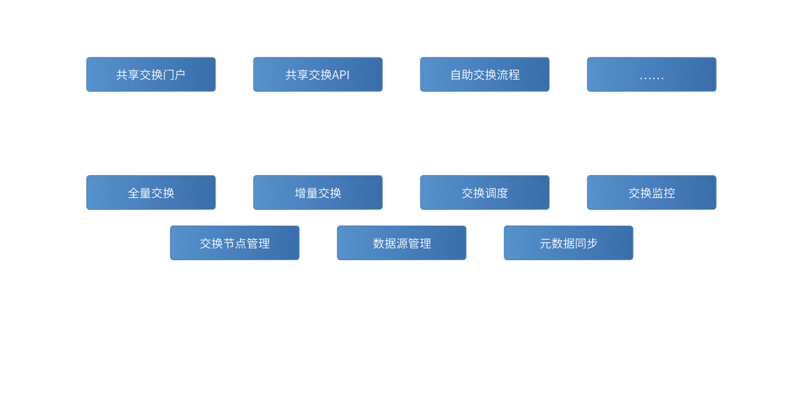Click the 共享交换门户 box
[x=151, y=74]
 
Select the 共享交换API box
[x=317, y=74]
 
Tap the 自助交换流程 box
[x=484, y=74]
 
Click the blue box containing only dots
[x=651, y=74]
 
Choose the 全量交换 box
[x=151, y=193]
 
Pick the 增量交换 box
[x=317, y=193]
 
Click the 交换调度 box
[x=484, y=193]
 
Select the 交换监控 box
[x=651, y=193]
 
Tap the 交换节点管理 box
[x=234, y=243]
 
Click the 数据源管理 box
[x=401, y=243]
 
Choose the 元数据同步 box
[x=568, y=243]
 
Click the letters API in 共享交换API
[x=341, y=75]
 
